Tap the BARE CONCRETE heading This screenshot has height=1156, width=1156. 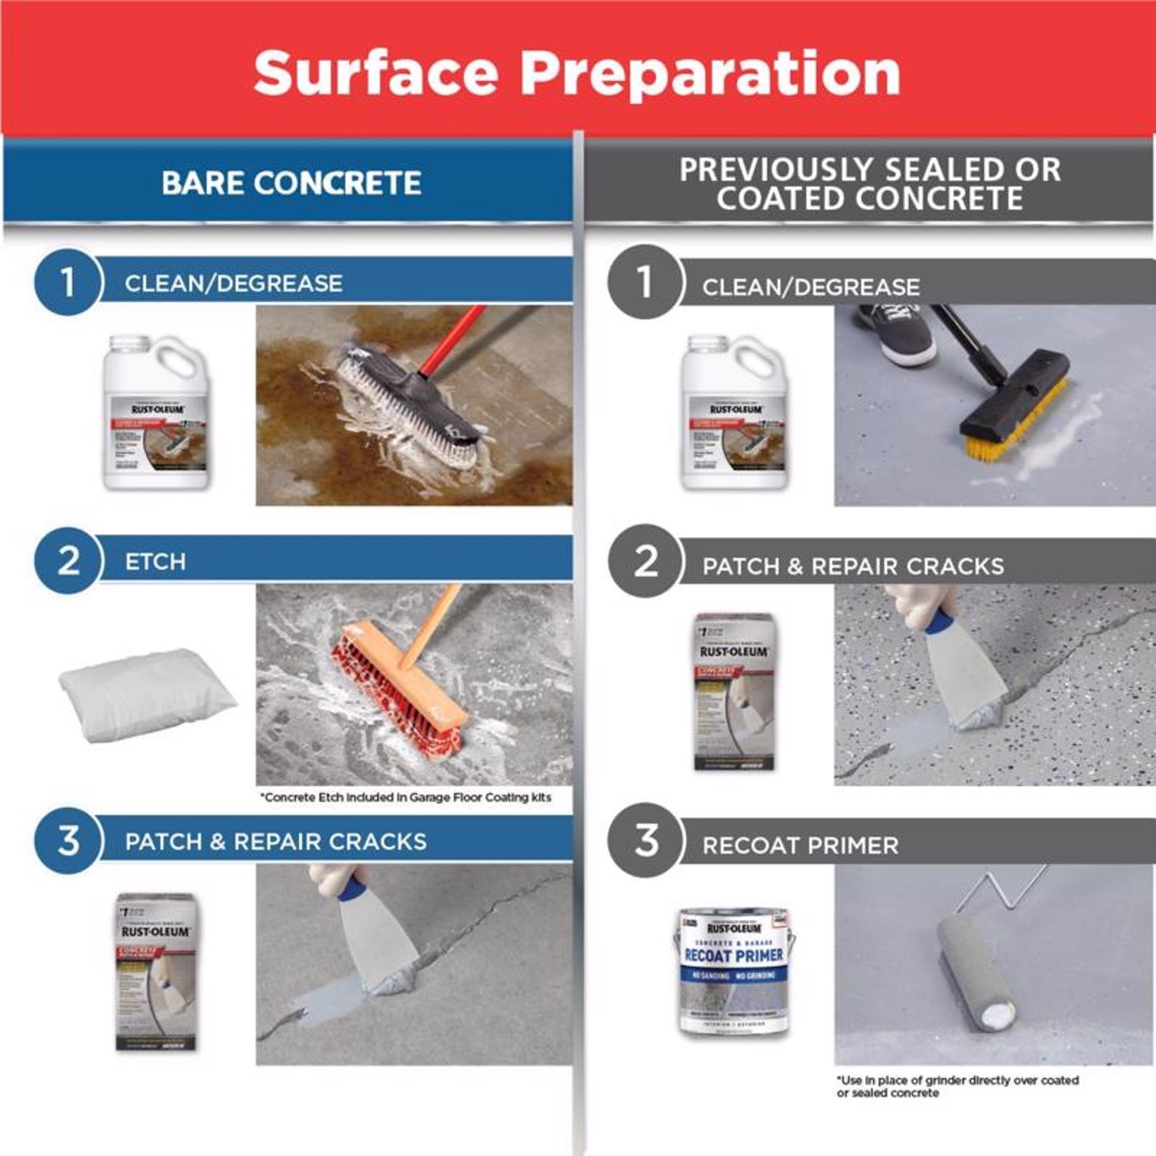(291, 183)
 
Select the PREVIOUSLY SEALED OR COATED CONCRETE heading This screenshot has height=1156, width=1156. (869, 183)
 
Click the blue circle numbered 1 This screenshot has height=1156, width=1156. (68, 282)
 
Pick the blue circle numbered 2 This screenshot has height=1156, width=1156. (68, 560)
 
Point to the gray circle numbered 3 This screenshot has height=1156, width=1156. (646, 840)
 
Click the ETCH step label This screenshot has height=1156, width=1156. (155, 561)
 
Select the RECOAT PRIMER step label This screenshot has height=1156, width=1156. (800, 845)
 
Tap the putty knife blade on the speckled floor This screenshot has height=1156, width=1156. (963, 678)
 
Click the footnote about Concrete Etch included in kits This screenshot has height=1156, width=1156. (406, 798)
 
